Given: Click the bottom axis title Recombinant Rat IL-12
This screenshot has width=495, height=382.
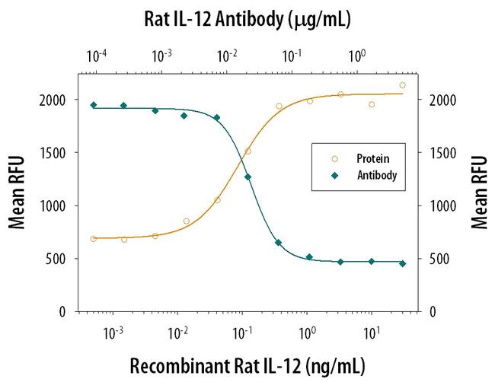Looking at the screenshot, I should tap(247, 365).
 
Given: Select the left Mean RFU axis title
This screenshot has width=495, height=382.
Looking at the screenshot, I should tap(16, 192).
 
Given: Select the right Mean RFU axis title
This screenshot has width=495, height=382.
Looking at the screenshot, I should tap(479, 192).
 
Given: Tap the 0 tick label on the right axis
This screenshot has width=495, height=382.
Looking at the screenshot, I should tap(433, 312).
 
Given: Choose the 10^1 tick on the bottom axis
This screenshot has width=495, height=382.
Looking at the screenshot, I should tap(372, 333).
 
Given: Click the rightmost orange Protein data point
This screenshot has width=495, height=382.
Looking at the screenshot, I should tap(402, 85).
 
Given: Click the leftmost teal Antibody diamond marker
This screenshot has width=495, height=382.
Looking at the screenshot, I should tap(94, 105).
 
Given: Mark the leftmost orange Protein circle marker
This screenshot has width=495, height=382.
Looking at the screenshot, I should tap(94, 239).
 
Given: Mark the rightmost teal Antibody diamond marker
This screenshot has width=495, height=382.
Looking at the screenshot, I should tap(402, 263).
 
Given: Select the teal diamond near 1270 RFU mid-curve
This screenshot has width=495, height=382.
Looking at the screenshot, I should tap(247, 177).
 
